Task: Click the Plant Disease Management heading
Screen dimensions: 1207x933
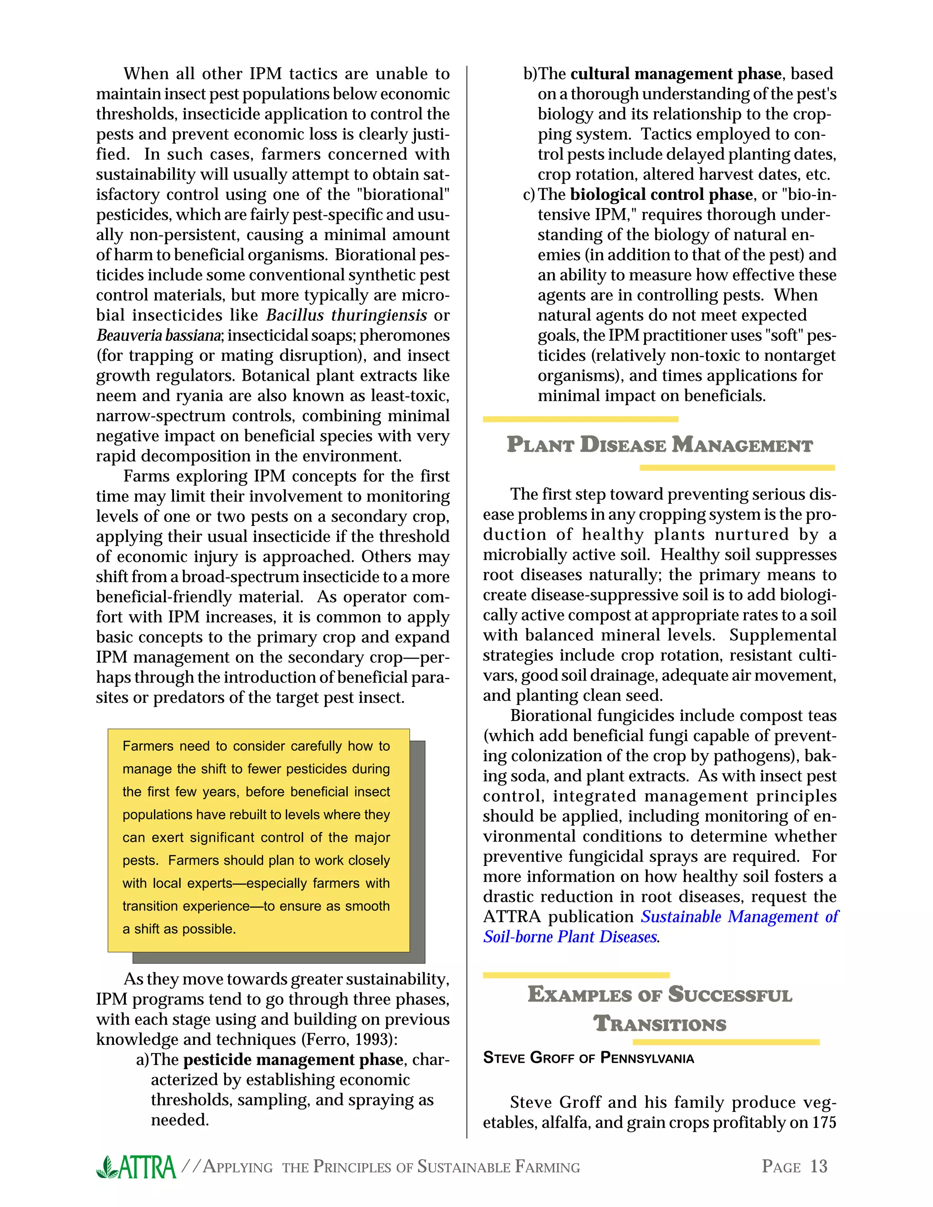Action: (x=659, y=445)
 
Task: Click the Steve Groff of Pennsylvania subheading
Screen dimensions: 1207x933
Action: (x=588, y=1058)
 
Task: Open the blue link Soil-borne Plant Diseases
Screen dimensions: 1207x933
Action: (x=570, y=937)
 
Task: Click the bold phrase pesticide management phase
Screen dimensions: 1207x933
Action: (x=293, y=1059)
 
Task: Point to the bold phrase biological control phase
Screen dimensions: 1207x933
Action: (x=661, y=194)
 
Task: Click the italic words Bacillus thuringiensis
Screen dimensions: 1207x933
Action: (x=347, y=316)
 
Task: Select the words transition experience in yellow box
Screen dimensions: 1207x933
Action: (x=186, y=906)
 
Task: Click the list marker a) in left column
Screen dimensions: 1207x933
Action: (x=143, y=1059)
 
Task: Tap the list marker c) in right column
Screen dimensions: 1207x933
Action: (x=529, y=194)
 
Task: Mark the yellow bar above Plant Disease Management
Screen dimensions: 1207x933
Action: (x=580, y=419)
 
